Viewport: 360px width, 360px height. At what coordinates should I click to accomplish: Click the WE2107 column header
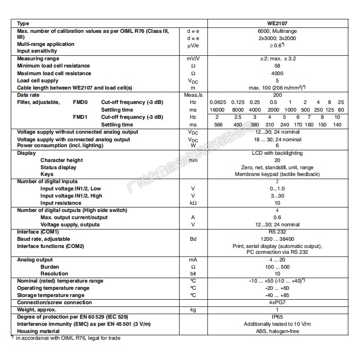click(x=277, y=23)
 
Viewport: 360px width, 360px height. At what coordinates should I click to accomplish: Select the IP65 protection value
click(x=277, y=317)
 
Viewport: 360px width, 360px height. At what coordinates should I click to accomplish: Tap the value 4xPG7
click(x=277, y=302)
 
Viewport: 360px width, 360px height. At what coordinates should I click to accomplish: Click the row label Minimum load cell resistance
click(x=54, y=66)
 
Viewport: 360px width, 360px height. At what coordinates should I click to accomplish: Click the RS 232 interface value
click(x=277, y=232)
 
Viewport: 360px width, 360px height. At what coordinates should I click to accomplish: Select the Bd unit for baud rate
click(x=193, y=239)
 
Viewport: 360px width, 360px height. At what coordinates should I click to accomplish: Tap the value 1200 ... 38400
click(x=277, y=239)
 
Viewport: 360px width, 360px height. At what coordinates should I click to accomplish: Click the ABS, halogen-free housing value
click(x=277, y=331)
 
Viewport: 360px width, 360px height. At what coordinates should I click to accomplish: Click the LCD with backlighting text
click(x=277, y=153)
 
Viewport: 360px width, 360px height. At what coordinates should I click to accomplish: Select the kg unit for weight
click(x=193, y=310)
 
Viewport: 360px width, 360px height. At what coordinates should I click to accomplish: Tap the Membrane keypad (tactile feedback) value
click(x=277, y=174)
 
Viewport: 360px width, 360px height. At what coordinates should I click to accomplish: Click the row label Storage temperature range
click(x=50, y=295)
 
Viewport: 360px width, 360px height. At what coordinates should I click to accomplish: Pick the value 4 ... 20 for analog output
click(x=277, y=260)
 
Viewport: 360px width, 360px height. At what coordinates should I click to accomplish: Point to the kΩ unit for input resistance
click(x=193, y=203)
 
